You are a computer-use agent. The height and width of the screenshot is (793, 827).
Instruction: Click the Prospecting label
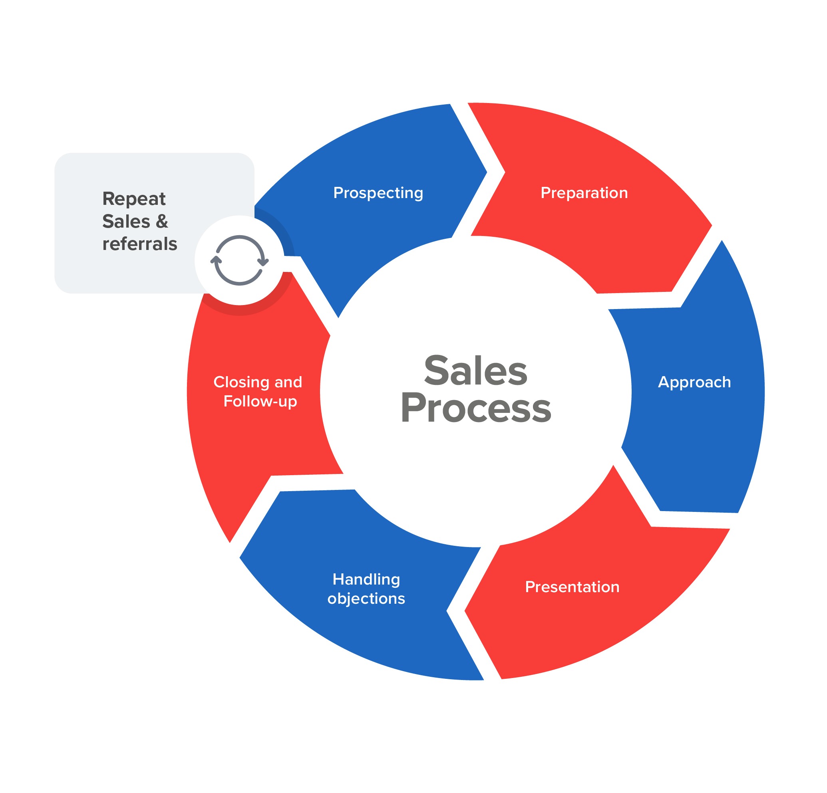pyautogui.click(x=378, y=193)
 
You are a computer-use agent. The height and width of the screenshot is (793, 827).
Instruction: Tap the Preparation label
pyautogui.click(x=584, y=193)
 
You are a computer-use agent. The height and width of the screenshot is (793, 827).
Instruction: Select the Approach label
pyautogui.click(x=694, y=382)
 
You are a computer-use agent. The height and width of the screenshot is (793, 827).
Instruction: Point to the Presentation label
pyautogui.click(x=572, y=587)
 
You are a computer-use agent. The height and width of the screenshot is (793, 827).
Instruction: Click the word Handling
pyautogui.click(x=366, y=579)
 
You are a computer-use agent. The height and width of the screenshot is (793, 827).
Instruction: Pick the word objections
pyautogui.click(x=366, y=599)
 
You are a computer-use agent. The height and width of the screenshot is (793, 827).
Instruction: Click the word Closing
pyautogui.click(x=241, y=382)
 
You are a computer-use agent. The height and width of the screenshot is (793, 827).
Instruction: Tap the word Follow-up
pyautogui.click(x=260, y=401)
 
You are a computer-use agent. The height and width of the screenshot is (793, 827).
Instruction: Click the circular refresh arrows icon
pyautogui.click(x=239, y=260)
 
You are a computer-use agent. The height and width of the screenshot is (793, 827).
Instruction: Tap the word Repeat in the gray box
pyautogui.click(x=134, y=199)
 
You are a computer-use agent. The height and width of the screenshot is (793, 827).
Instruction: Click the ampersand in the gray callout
pyautogui.click(x=161, y=222)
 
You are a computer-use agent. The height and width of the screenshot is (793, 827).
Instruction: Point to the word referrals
pyautogui.click(x=140, y=244)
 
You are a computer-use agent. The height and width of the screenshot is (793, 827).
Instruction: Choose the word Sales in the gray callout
pyautogui.click(x=126, y=222)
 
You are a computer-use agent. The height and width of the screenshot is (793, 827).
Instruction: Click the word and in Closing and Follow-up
pyautogui.click(x=288, y=382)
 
